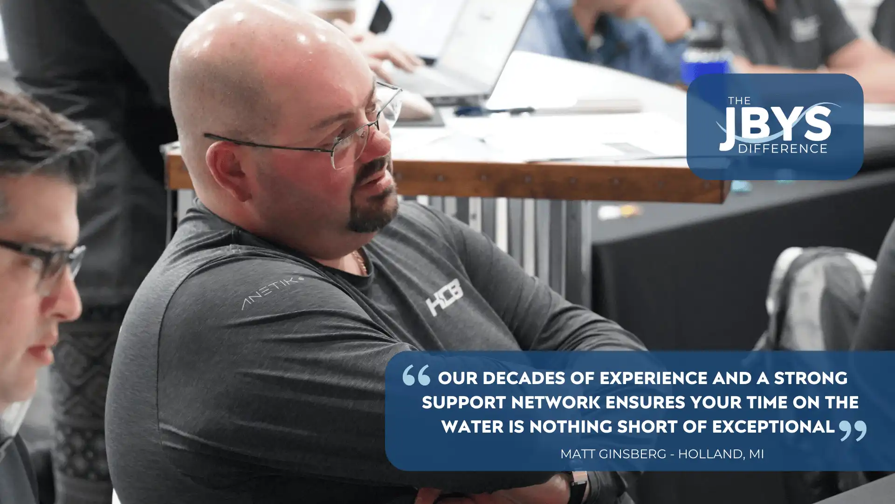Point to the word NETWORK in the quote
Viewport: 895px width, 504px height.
tap(556, 402)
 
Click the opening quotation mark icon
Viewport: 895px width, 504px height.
tap(416, 375)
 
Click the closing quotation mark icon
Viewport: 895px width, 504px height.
tap(853, 430)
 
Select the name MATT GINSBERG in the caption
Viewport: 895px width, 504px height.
tap(613, 454)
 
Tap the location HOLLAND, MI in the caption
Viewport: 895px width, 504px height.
tap(721, 454)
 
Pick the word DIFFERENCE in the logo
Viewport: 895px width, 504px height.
tap(783, 148)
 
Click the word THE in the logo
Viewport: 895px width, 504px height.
tap(740, 100)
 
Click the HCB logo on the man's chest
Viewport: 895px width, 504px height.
tap(445, 297)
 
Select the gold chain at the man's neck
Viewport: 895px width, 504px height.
tap(360, 263)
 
